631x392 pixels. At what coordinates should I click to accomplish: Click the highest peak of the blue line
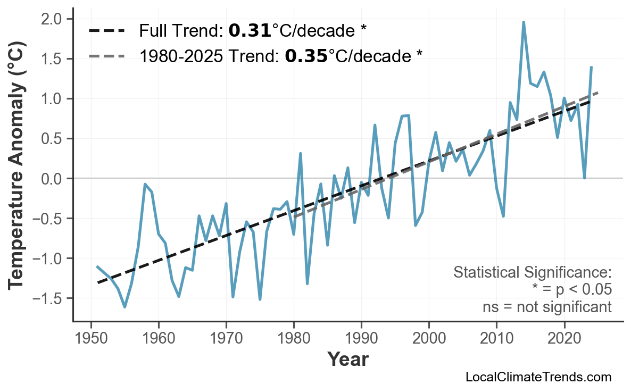point(524,22)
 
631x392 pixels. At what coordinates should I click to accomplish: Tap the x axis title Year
point(347,360)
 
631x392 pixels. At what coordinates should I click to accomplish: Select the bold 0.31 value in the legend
point(250,31)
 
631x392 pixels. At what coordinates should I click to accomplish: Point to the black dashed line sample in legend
point(106,31)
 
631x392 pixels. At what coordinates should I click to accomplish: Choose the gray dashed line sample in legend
point(106,56)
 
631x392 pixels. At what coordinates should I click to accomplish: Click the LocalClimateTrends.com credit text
point(538,377)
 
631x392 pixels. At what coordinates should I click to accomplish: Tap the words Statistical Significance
point(532,273)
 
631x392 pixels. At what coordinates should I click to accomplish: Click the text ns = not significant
point(546,307)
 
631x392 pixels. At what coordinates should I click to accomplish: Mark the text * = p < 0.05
point(571,290)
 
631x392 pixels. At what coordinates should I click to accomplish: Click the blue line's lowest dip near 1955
point(125,307)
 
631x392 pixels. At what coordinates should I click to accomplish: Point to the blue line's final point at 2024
point(591,67)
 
